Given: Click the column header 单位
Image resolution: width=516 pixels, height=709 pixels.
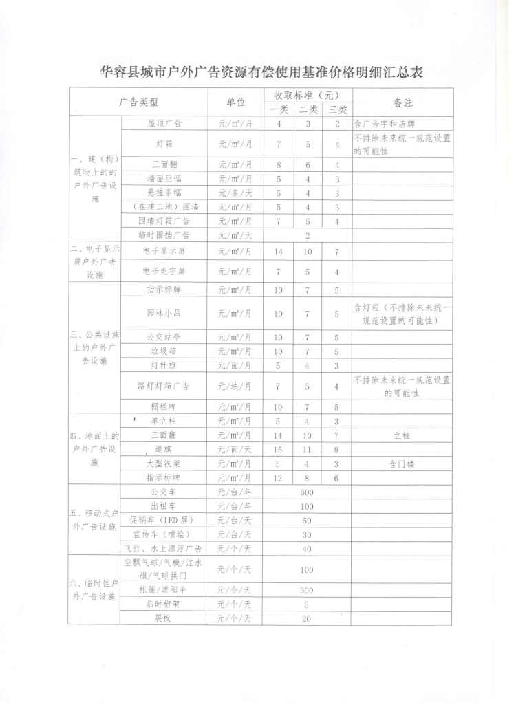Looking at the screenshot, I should pos(235,102).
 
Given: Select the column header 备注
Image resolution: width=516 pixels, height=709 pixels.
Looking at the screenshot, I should pos(402,102).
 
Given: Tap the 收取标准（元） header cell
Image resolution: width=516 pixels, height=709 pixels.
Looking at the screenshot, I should pos(307,95).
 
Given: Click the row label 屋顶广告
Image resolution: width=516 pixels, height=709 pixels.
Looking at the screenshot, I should pos(164,124).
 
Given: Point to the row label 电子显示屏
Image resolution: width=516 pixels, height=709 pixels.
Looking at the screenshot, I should pos(164,252).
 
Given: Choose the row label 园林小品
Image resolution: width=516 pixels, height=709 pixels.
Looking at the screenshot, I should pos(164,314).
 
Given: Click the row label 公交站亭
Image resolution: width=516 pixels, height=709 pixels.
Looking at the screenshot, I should pos(164,338).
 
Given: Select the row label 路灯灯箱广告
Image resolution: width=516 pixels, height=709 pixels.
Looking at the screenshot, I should pos(164,386).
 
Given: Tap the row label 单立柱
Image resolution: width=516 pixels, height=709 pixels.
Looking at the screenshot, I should pos(164,420).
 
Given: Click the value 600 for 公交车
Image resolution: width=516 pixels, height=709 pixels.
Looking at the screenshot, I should pos(307,492).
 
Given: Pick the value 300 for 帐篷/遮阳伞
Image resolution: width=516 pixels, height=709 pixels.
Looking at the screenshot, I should pos(307,591).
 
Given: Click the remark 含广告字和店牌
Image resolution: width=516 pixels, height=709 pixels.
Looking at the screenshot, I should pos(386,124).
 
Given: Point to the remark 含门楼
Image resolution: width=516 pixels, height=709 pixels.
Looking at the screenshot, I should pos(402,463).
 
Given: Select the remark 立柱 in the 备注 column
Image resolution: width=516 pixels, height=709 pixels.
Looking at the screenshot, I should pos(402,435).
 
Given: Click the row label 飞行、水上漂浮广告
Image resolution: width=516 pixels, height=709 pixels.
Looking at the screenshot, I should pos(163,548).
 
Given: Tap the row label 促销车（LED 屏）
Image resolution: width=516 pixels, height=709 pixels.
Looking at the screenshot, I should pos(164,520).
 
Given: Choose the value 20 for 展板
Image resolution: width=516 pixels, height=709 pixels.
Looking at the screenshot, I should pos(307,618).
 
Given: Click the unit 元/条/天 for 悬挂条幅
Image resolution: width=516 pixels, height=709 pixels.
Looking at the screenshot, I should pos(235,193).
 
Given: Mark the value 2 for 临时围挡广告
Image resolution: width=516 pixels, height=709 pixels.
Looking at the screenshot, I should pos(307,235).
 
